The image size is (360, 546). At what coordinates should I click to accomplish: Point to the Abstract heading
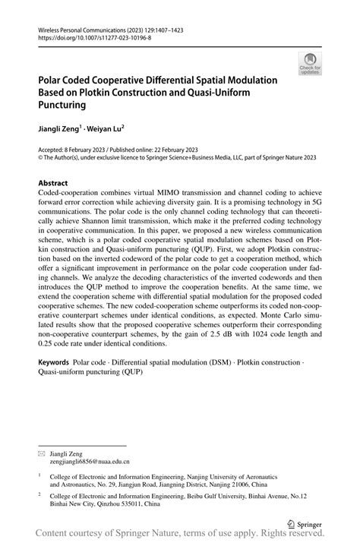point(53,183)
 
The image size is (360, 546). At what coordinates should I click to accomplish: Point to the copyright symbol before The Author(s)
point(41,159)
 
